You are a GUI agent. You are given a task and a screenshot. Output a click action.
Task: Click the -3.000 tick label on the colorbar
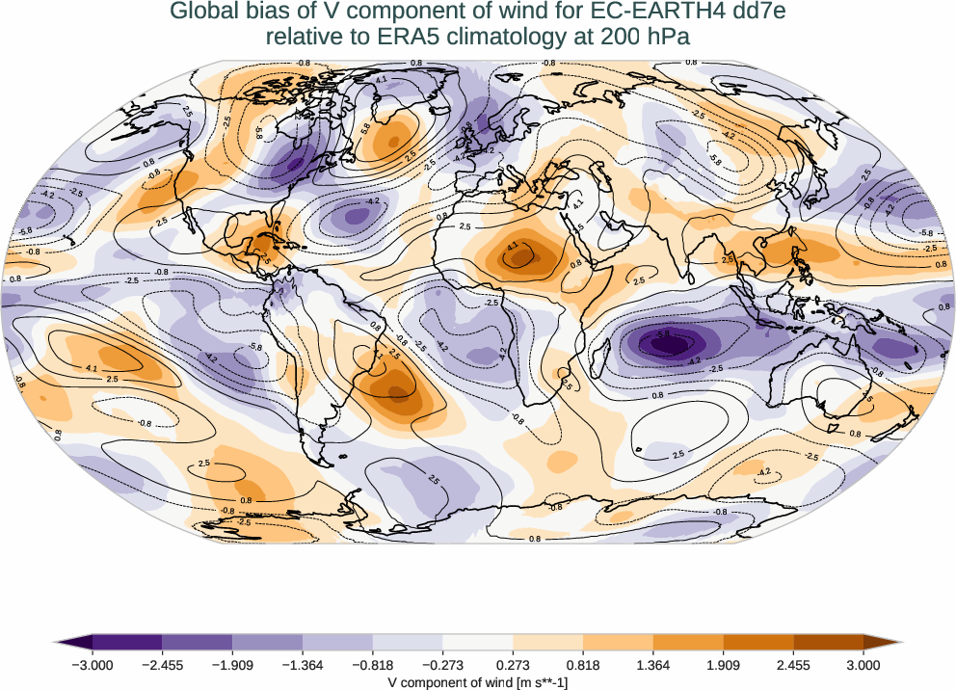(x=93, y=664)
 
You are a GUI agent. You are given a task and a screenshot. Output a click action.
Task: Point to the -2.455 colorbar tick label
(x=163, y=664)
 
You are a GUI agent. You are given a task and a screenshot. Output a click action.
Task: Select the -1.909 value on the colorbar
(x=232, y=664)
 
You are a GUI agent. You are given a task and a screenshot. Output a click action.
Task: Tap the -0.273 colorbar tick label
(x=442, y=664)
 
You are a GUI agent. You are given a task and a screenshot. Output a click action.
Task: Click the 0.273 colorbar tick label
(x=513, y=664)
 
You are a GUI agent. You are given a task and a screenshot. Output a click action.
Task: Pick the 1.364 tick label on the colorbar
(x=653, y=664)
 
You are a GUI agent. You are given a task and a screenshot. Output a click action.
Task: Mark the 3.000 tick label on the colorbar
(x=863, y=664)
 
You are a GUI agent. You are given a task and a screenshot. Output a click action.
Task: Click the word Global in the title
(x=200, y=12)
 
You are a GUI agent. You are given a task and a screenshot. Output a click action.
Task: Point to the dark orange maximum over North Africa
(x=520, y=257)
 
